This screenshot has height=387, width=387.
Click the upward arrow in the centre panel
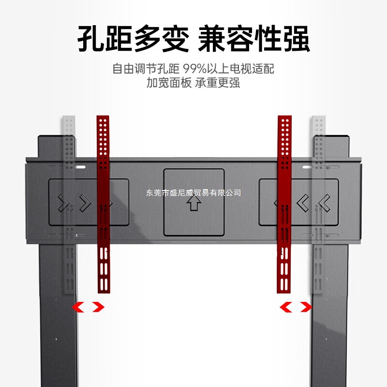pyautogui.click(x=193, y=204)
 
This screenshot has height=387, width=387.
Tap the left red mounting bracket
pyautogui.click(x=103, y=203)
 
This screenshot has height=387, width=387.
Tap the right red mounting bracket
pyautogui.click(x=284, y=203)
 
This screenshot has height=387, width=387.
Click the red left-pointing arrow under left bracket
pyautogui.click(x=77, y=307)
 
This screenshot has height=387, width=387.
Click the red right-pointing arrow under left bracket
pyautogui.click(x=98, y=307)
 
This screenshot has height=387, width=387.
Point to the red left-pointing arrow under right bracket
pyautogui.click(x=286, y=307)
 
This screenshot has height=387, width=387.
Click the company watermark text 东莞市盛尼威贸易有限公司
pyautogui.click(x=193, y=193)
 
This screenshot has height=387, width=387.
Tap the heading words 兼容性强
pyautogui.click(x=254, y=39)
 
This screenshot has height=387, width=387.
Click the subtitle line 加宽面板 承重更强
pyautogui.click(x=193, y=83)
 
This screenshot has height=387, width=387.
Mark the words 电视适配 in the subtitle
pyautogui.click(x=254, y=69)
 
